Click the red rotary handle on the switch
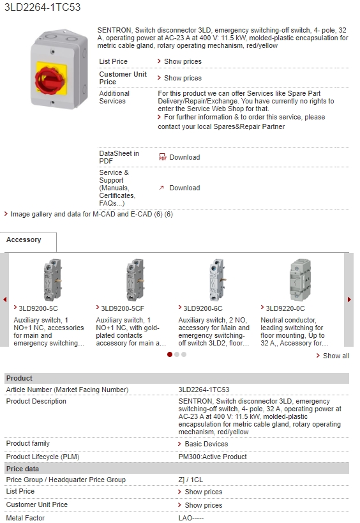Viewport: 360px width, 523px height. pos(49,79)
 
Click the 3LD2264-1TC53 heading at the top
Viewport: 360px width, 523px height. pos(42,7)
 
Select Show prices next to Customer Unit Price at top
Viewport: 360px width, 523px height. pos(183,78)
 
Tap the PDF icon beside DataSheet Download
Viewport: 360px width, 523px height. pos(162,157)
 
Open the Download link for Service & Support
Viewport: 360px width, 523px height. pos(184,188)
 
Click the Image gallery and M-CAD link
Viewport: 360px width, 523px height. pos(92,214)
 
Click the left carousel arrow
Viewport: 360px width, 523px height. pos(4,299)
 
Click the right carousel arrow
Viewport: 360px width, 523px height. pos(349,299)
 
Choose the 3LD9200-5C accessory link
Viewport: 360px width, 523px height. pos(38,308)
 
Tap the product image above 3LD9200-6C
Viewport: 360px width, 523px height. pos(217,280)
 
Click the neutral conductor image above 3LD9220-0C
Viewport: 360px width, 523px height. pos(301,280)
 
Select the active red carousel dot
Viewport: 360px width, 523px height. pos(170,354)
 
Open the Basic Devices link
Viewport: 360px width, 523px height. pos(206,444)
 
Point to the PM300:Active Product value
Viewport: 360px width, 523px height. pos(213,457)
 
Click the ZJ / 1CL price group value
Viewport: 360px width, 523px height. pos(191,480)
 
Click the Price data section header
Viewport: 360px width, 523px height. pos(22,469)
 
